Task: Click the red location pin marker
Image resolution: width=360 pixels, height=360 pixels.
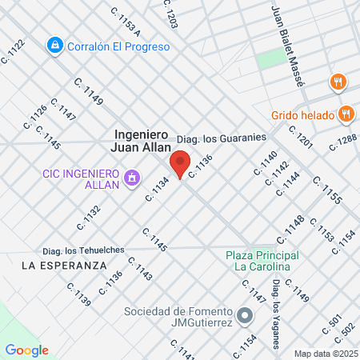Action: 181,164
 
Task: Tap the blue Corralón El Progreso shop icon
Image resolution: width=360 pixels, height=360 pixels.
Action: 54,46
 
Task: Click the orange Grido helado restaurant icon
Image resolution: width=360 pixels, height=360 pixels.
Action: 346,114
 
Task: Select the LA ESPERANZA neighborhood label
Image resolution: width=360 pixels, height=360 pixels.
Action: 64,265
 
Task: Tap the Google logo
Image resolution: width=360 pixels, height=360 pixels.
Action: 26,350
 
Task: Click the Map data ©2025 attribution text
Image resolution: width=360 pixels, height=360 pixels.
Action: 326,353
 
